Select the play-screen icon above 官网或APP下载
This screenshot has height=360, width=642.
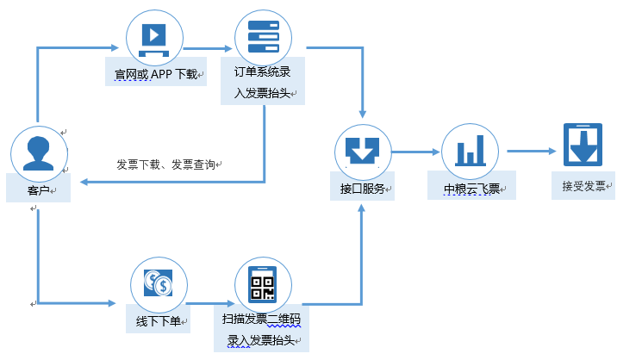click(x=155, y=37)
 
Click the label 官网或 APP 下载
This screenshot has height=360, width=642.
click(x=155, y=74)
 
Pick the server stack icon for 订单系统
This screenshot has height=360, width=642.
click(x=264, y=37)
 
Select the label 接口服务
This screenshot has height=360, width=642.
click(x=361, y=187)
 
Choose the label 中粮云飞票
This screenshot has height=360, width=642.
click(x=471, y=188)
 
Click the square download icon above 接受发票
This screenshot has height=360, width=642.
click(x=582, y=144)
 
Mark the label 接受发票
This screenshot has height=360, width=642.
click(x=583, y=185)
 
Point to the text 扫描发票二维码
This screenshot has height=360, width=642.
click(x=260, y=321)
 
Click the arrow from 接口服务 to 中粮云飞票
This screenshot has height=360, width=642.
click(x=413, y=152)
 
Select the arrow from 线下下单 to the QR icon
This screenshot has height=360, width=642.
click(x=210, y=303)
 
